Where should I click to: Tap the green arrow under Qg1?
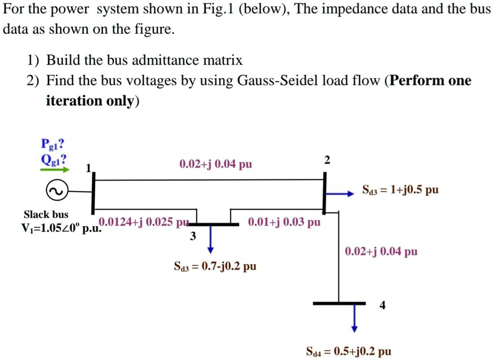55,170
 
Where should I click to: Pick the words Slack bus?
46,215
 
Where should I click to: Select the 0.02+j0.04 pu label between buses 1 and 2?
216,164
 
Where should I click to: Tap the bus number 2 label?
327,160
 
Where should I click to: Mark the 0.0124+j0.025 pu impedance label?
143,222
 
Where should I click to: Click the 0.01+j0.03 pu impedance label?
284,222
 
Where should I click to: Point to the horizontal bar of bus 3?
211,224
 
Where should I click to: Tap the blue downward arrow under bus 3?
211,240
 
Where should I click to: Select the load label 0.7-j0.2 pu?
215,266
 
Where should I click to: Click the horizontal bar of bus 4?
339,303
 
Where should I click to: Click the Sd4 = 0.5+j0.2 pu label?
348,351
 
